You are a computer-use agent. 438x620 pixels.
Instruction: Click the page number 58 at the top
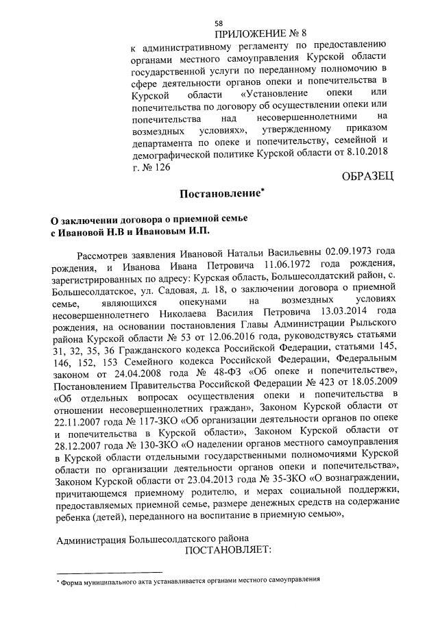219,23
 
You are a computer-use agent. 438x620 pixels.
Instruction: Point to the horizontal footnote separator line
109,571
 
